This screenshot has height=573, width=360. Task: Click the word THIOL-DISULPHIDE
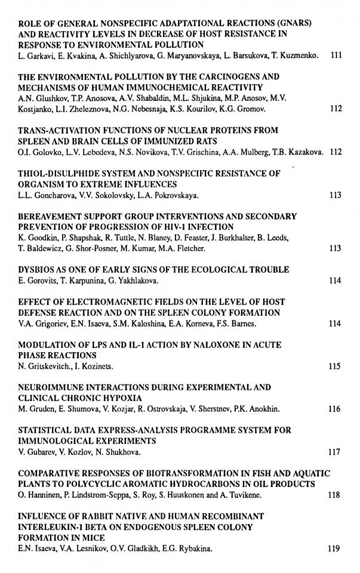[x=56, y=173]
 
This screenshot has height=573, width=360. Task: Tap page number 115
[x=334, y=366]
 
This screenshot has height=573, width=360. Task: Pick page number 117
[x=334, y=452]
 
